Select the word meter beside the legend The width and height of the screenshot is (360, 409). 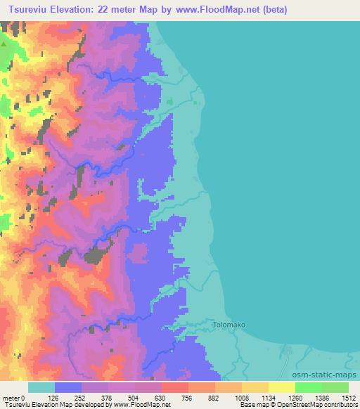click(11, 398)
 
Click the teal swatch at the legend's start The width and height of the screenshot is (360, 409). click(41, 387)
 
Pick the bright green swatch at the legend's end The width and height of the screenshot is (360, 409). click(335, 387)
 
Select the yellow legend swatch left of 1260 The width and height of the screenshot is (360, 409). click(281, 387)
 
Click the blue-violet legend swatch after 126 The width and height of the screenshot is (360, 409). click(67, 387)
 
